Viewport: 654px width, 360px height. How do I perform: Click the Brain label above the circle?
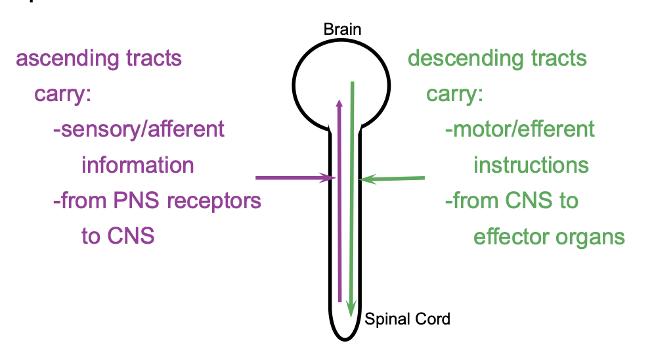342,30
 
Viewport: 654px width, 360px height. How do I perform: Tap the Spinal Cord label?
408,320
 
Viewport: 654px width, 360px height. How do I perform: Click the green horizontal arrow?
394,178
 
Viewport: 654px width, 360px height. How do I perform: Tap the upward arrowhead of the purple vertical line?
339,105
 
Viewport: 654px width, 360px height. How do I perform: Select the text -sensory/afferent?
139,129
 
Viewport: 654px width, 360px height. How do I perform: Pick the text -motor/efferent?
519,129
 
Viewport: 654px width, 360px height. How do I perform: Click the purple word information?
137,164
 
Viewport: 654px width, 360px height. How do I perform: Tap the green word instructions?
531,164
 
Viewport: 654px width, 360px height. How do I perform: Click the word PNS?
139,200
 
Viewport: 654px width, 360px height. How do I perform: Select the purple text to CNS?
118,235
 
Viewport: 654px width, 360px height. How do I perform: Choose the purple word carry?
62,94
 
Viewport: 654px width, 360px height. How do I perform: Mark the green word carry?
454,94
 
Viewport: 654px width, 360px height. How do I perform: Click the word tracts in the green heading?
555,58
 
